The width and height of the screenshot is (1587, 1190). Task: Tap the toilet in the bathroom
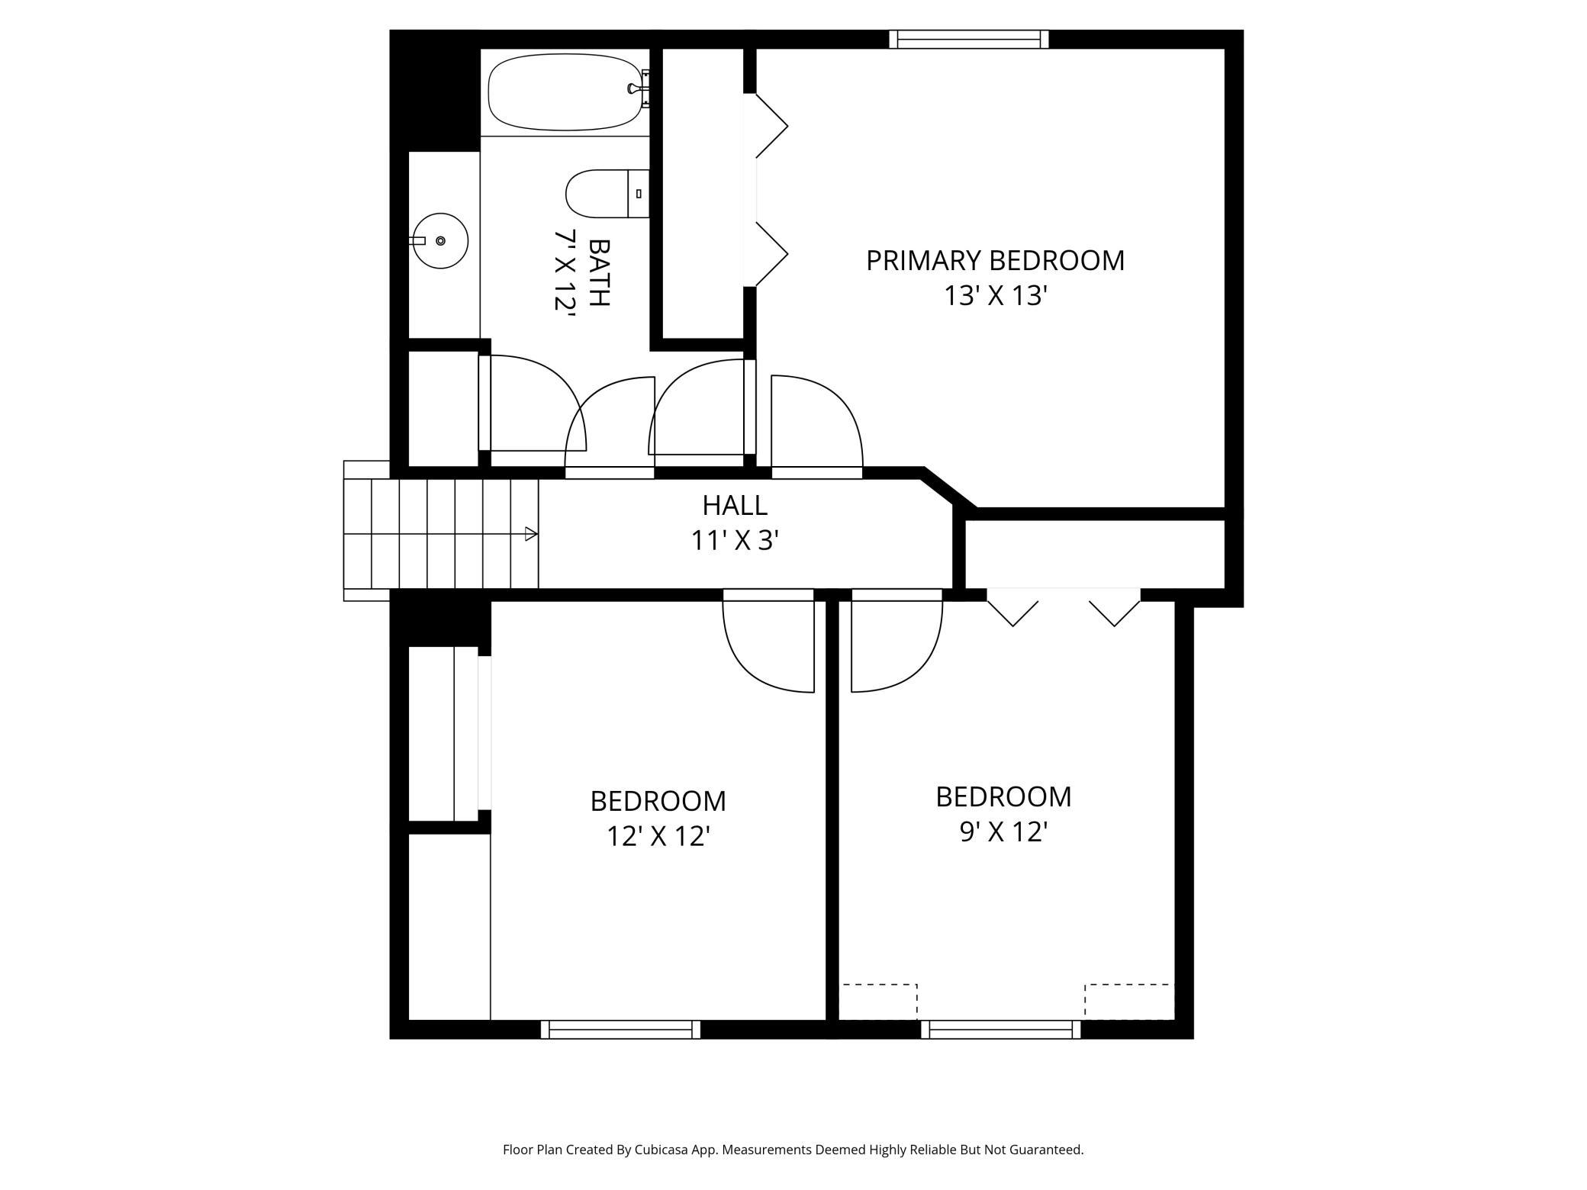click(607, 194)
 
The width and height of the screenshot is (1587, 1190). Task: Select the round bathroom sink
click(440, 240)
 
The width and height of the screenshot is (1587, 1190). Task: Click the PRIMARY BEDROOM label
click(995, 261)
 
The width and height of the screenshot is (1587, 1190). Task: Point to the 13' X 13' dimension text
click(994, 296)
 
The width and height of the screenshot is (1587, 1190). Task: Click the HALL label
click(735, 505)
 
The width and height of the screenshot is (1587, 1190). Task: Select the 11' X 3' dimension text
click(735, 541)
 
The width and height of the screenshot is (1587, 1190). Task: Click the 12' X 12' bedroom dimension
click(658, 837)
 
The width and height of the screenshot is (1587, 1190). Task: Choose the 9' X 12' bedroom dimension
click(1003, 832)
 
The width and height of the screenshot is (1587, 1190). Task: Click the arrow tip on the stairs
click(537, 534)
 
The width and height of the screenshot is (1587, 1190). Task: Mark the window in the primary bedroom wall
click(969, 39)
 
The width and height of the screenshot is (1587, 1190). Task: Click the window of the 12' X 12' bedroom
click(620, 1030)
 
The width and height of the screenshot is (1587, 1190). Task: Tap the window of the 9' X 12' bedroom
click(1000, 1030)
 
